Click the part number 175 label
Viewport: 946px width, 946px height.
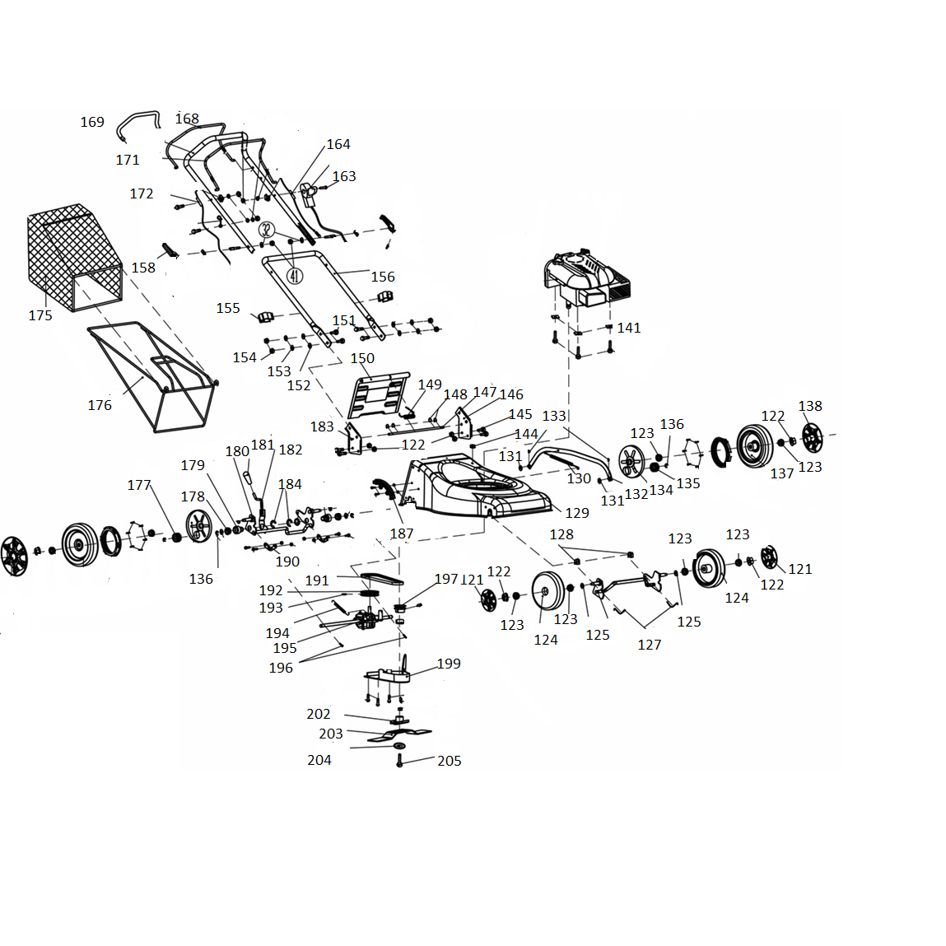click(40, 315)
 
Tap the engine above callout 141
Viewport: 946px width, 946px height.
click(586, 278)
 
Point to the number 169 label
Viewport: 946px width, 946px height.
click(92, 122)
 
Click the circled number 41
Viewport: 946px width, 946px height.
click(294, 275)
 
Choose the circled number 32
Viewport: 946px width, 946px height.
click(266, 230)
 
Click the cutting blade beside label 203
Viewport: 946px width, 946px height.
click(399, 733)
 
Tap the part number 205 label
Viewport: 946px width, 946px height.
click(449, 761)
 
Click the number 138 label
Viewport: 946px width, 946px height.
click(809, 406)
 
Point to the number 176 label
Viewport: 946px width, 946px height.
click(100, 405)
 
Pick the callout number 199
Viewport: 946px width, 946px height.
click(449, 664)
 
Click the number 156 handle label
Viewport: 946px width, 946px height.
click(383, 277)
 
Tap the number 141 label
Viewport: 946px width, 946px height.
click(629, 328)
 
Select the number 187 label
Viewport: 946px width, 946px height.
click(402, 534)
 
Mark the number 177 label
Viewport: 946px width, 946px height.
click(139, 485)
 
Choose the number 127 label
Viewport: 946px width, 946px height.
click(650, 645)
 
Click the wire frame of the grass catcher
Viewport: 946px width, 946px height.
click(152, 379)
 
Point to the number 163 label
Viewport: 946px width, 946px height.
click(344, 176)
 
